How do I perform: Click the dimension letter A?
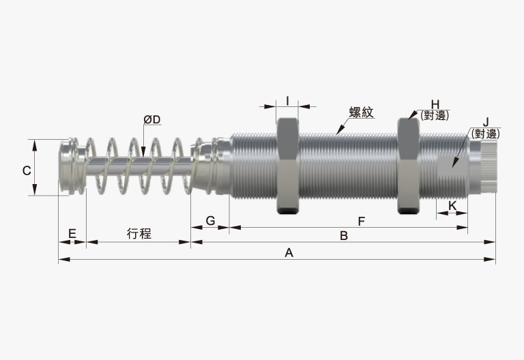coord(289,253)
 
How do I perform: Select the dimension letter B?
coord(344,236)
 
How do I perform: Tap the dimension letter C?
coord(27,171)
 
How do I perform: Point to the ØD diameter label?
coord(152,119)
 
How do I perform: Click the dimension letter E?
coord(72,233)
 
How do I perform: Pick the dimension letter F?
coord(361,221)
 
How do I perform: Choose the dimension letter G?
coord(210,221)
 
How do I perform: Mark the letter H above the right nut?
coord(435,104)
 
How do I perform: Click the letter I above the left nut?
coord(287,100)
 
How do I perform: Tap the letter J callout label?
coord(486,122)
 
